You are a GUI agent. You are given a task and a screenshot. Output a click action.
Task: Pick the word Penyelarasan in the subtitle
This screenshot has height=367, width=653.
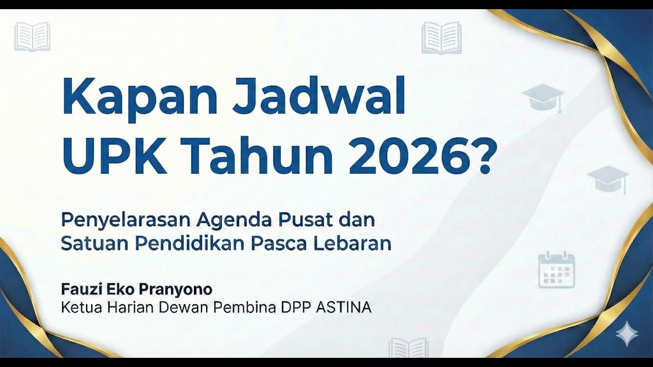pos(125,220)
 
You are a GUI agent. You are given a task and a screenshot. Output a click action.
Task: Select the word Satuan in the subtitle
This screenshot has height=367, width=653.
pos(94,244)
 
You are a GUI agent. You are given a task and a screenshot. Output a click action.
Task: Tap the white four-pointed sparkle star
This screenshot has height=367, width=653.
pos(626,334)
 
